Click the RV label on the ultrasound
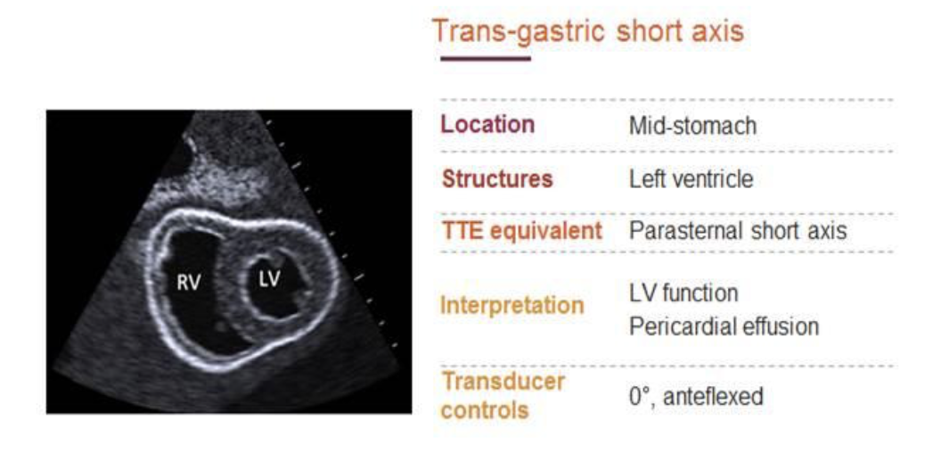tap(188, 283)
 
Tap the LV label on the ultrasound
tap(269, 278)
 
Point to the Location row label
tap(488, 125)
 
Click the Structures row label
tap(497, 179)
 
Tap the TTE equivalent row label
tap(521, 231)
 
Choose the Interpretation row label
tap(512, 305)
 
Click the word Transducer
tap(503, 381)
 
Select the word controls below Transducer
tap(485, 410)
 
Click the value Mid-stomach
tap(692, 126)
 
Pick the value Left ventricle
tap(691, 179)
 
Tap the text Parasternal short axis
tap(738, 231)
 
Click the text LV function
tap(683, 293)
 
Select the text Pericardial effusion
tap(724, 326)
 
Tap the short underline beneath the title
tap(486, 59)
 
